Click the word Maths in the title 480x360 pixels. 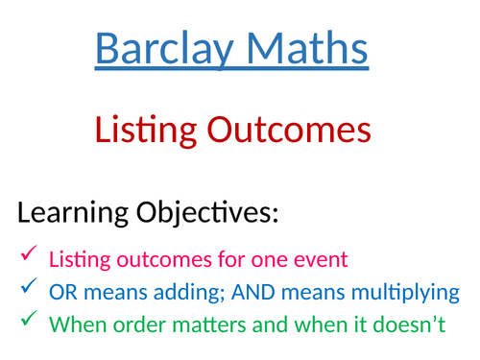click(x=306, y=49)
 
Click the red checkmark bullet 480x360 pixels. click(x=28, y=254)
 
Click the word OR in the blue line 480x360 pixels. click(x=60, y=291)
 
